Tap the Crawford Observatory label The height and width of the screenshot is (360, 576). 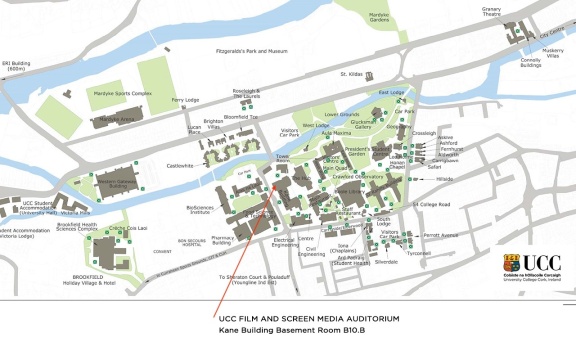click(x=359, y=177)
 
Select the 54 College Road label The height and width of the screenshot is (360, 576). click(x=432, y=204)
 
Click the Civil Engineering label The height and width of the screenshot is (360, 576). click(x=311, y=252)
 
